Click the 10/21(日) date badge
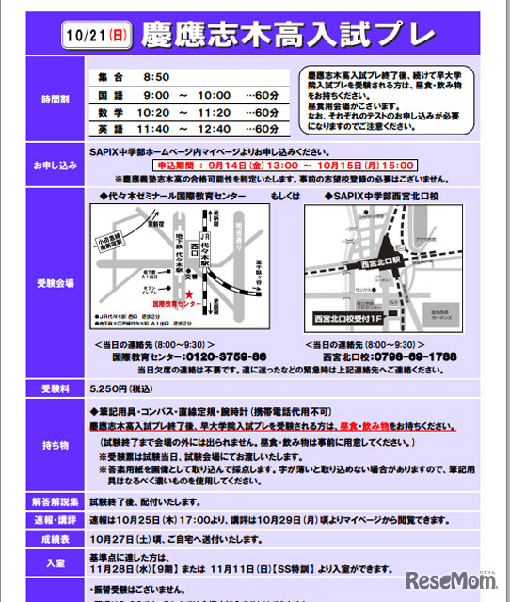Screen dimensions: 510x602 click(99, 37)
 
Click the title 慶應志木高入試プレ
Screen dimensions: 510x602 click(288, 36)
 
